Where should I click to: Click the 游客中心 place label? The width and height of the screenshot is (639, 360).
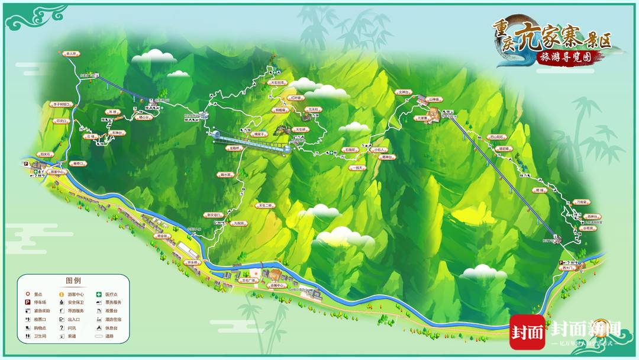click(57, 172)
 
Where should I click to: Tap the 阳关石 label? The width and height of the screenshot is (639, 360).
click(46, 155)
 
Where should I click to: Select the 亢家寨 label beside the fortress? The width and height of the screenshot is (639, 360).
click(423, 118)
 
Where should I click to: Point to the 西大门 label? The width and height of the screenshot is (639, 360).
click(569, 268)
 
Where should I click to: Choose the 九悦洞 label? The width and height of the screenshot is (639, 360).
click(238, 223)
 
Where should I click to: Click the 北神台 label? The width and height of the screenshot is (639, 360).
click(404, 92)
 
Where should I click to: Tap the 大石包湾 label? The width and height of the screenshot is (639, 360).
click(277, 82)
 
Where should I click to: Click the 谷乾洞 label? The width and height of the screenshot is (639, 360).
click(588, 227)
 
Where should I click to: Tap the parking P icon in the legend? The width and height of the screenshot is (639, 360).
click(27, 302)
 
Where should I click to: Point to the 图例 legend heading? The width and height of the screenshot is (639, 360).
click(73, 281)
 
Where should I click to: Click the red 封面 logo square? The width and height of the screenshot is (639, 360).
click(527, 332)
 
